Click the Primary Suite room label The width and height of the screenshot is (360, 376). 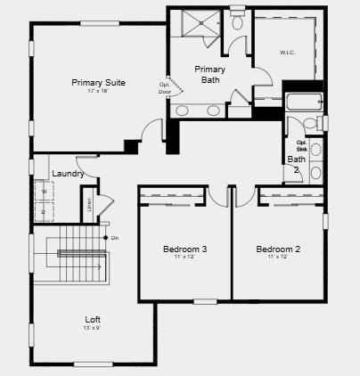(x=98, y=82)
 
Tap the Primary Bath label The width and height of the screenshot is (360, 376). (x=209, y=74)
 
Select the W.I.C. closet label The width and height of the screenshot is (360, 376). (x=287, y=53)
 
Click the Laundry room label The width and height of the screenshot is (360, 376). (x=69, y=174)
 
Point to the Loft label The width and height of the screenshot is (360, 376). (x=93, y=319)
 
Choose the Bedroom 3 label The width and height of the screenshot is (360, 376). (x=185, y=249)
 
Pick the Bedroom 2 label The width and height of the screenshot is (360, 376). (x=278, y=249)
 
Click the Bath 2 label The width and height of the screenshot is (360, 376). (x=295, y=165)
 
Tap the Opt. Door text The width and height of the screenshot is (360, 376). (x=165, y=88)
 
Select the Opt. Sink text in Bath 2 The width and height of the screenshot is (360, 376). (x=301, y=145)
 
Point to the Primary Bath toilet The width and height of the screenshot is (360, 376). (x=237, y=24)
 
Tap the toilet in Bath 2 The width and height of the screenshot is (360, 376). (x=309, y=124)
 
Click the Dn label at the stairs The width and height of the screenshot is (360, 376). (x=115, y=238)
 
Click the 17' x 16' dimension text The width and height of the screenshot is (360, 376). (x=98, y=92)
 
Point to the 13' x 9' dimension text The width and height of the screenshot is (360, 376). (x=93, y=328)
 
